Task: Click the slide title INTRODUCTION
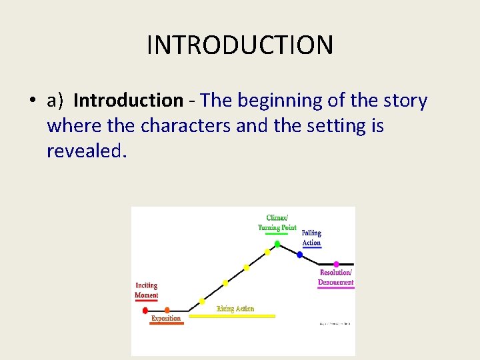tap(239, 45)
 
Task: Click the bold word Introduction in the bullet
tap(128, 101)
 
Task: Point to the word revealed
tap(85, 151)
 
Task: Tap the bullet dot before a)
tap(32, 101)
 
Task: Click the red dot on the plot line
tap(145, 311)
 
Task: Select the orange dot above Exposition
tap(167, 310)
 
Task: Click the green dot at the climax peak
tap(277, 243)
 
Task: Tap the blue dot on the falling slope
tap(299, 255)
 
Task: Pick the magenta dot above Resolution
tap(336, 265)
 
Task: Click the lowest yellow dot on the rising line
tap(202, 301)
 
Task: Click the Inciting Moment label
tap(147, 290)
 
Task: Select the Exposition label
tap(166, 319)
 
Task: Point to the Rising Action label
tap(235, 309)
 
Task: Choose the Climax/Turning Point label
tap(277, 223)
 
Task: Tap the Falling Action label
tap(311, 237)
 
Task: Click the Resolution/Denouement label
tap(336, 277)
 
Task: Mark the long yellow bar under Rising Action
tap(232, 316)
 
